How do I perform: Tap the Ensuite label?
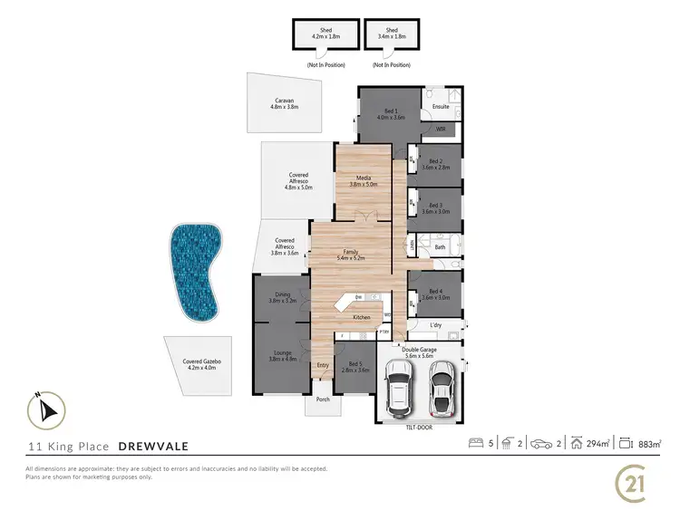441,107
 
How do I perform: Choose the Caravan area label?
284,103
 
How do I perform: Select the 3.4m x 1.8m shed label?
393,33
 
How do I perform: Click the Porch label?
322,399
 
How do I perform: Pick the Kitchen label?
361,318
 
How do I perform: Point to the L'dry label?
435,324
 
